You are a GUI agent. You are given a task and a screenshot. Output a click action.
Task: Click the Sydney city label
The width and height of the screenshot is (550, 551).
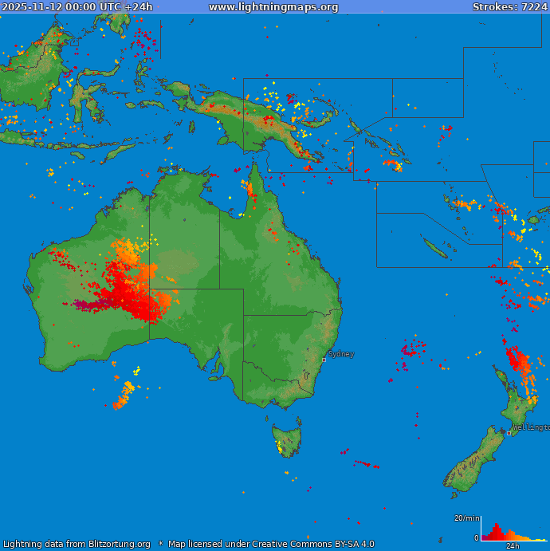click(x=341, y=354)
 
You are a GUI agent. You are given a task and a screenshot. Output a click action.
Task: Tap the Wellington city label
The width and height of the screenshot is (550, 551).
click(x=530, y=427)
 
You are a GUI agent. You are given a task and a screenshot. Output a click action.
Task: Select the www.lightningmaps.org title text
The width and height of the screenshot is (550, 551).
click(x=273, y=7)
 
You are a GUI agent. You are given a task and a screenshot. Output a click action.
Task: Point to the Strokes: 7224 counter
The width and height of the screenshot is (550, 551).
click(x=509, y=7)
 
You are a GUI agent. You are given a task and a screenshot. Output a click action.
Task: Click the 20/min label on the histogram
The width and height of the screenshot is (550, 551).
click(x=467, y=518)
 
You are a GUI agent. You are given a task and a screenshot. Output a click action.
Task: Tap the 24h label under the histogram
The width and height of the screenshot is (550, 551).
click(x=513, y=546)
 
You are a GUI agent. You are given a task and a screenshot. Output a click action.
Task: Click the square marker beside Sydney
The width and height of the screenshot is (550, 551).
click(x=324, y=360)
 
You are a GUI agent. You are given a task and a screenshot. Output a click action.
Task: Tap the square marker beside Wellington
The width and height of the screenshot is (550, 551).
click(x=509, y=433)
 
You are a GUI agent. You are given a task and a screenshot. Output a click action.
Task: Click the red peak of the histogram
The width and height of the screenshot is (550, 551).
click(x=495, y=529)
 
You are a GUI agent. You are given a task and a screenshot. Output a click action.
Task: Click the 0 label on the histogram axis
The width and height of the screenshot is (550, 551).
click(x=477, y=538)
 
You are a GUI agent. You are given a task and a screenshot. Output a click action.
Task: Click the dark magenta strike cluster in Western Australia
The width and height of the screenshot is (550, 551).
click(x=84, y=304)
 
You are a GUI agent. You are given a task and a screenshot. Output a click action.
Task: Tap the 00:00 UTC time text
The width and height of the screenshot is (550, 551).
click(x=96, y=7)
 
